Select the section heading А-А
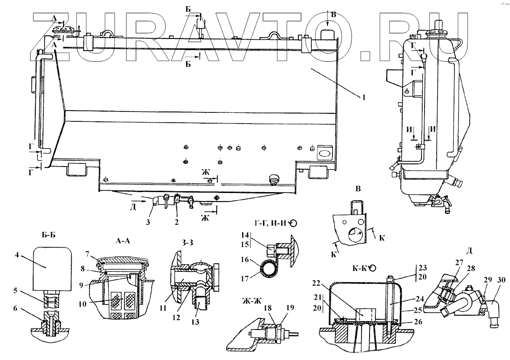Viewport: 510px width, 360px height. click(123, 240)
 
